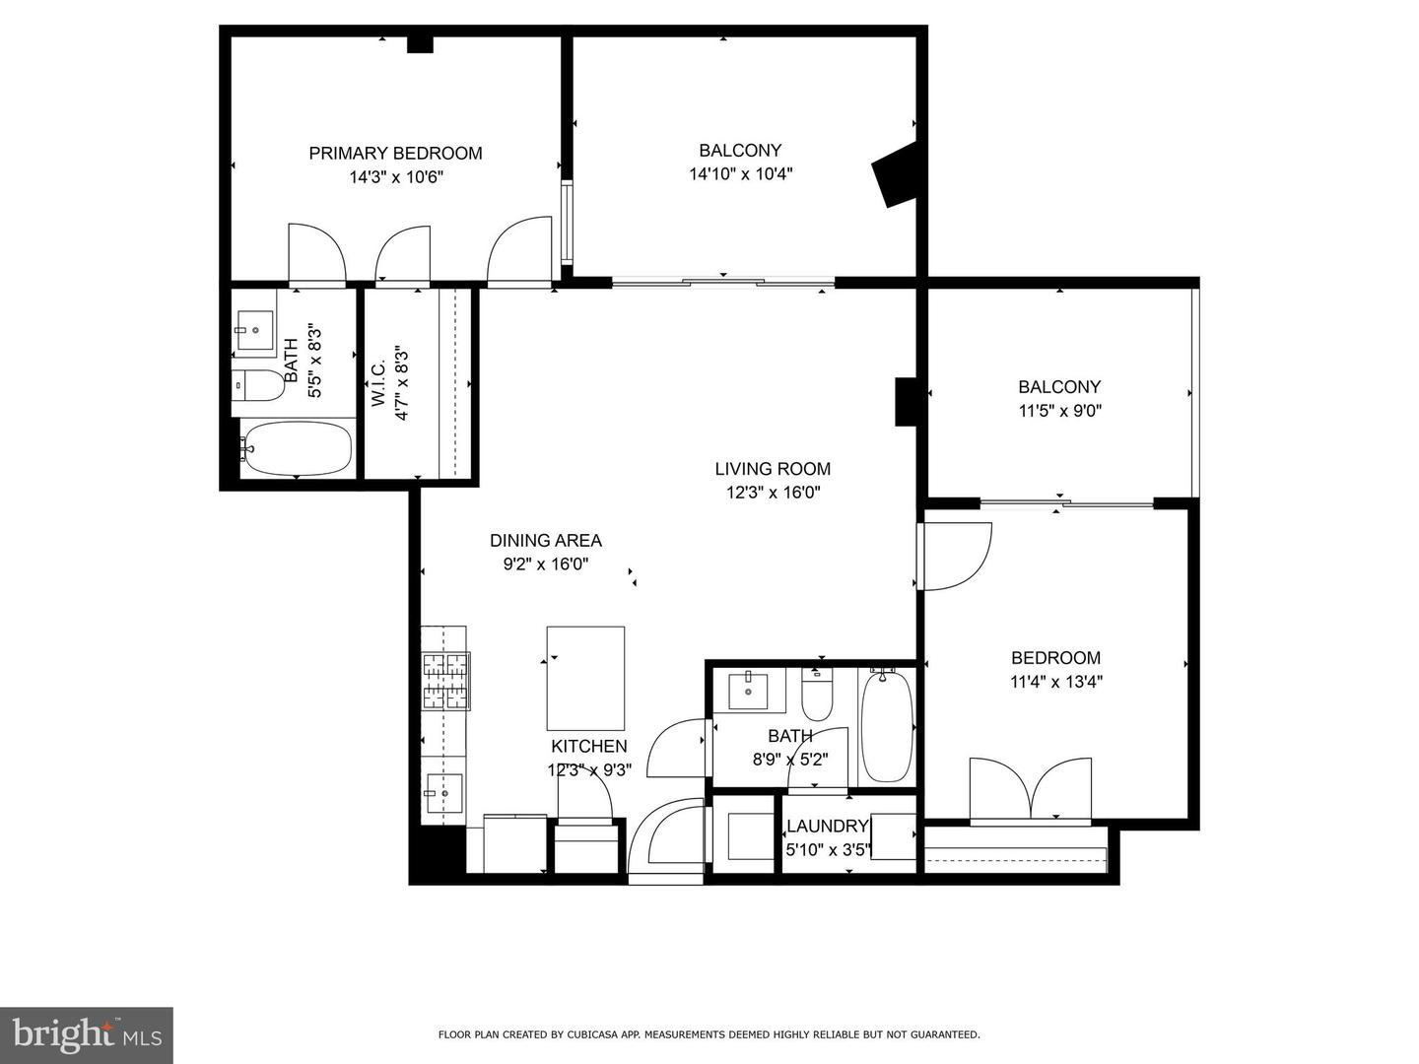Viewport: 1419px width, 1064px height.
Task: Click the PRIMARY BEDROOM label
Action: tap(395, 153)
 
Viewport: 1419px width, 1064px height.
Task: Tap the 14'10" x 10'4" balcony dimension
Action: tap(740, 174)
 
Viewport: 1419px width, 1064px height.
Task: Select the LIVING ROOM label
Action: tap(773, 469)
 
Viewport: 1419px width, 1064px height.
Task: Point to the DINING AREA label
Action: tap(545, 540)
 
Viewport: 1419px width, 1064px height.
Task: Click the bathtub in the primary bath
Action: tap(297, 449)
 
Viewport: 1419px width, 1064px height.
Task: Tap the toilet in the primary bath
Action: tap(258, 385)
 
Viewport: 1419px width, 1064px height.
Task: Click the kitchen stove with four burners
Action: tap(444, 682)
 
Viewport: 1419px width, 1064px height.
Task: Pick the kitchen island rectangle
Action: tap(585, 678)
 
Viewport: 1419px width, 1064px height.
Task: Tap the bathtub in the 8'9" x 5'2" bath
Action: tap(886, 725)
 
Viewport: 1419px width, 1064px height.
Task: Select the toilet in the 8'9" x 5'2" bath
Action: tap(817, 696)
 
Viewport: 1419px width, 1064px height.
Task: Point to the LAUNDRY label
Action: tap(827, 826)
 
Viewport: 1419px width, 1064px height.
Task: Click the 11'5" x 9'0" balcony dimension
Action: tap(1059, 411)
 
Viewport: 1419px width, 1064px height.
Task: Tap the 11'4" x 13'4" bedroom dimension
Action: tap(1055, 682)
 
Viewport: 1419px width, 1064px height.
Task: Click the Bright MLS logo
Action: tap(87, 1034)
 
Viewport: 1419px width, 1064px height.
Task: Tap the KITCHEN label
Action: tap(588, 746)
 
